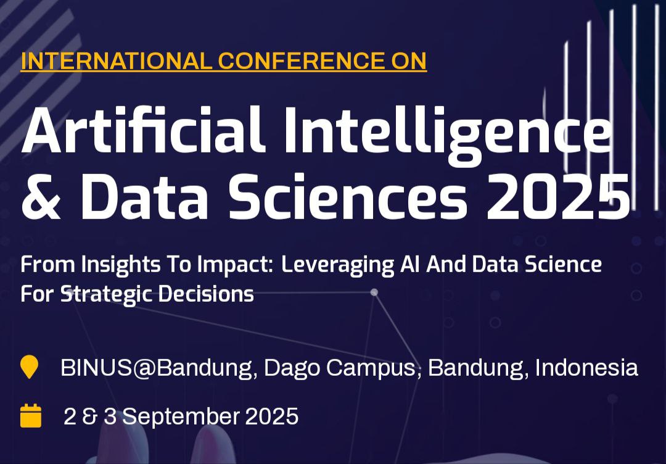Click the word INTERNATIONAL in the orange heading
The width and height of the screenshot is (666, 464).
click(117, 60)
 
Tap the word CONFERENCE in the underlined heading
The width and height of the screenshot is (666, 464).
click(299, 60)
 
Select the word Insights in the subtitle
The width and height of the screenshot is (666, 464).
click(121, 265)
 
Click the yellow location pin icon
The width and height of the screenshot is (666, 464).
click(30, 367)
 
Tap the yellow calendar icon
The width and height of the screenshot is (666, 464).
click(31, 415)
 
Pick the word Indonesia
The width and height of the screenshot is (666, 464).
click(586, 368)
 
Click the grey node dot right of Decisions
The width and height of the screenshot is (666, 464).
click(374, 292)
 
